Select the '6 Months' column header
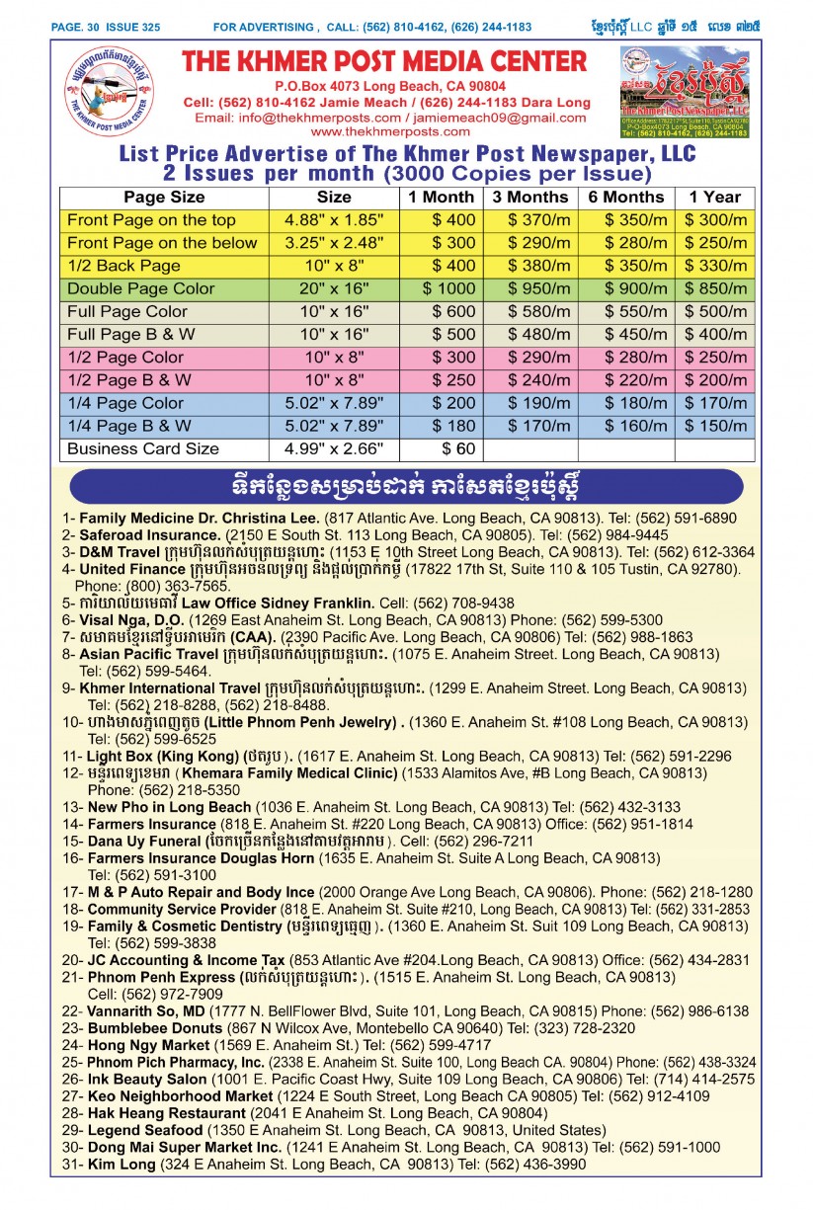pos(625,197)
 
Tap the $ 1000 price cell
pos(441,288)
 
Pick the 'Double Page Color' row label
pos(140,288)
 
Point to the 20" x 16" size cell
pos(333,288)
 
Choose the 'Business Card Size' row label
pos(142,448)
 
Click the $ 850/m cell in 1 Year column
pos(716,288)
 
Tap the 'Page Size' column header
pos(164,197)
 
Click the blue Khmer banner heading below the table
pos(406,486)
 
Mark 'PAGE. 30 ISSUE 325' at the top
pos(107,27)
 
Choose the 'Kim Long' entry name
pos(121,1165)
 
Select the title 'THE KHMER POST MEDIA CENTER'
pos(384,62)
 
